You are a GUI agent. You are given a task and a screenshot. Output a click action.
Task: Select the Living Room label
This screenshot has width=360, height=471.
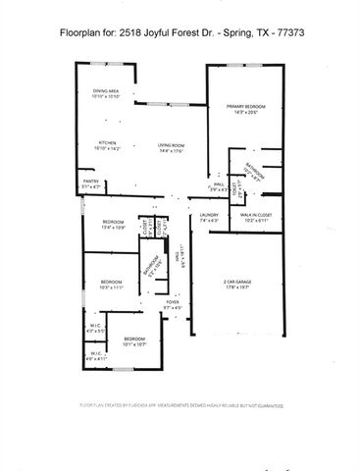click(172, 145)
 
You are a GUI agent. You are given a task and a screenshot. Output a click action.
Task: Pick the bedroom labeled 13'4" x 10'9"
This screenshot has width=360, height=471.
click(113, 222)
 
